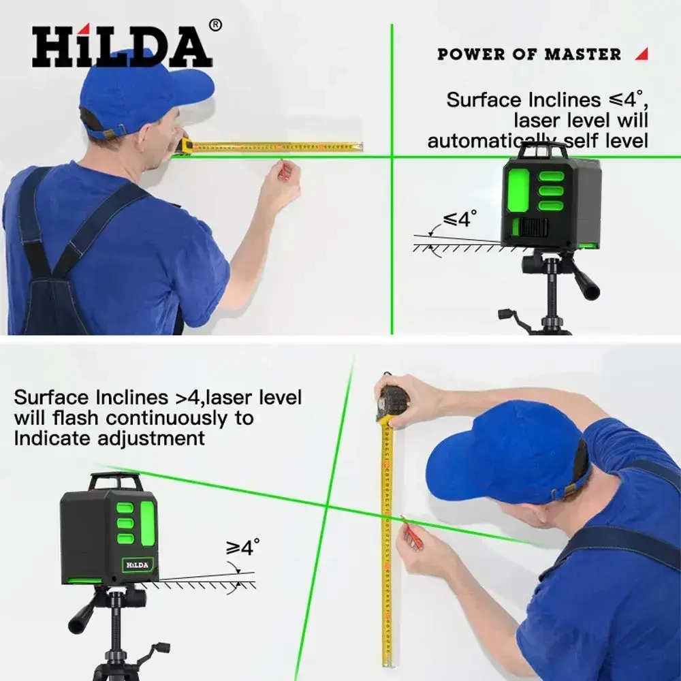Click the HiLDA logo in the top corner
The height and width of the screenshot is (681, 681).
pos(122,46)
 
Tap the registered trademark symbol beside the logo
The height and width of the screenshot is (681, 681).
pos(215,25)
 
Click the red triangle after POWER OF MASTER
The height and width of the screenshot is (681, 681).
pos(642,54)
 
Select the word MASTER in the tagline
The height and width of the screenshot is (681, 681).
pos(583,54)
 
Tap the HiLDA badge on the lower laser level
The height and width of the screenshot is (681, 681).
pos(138,565)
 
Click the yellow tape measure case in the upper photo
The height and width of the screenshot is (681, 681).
pos(184,145)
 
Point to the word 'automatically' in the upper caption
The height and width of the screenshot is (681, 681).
pos(491,141)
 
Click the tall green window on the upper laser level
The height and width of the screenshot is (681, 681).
pos(519,189)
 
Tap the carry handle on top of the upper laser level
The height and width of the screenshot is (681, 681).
pos(543,150)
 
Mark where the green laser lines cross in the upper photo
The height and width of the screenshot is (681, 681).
pos(392,157)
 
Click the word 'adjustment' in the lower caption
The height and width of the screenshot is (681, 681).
pos(151,439)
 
